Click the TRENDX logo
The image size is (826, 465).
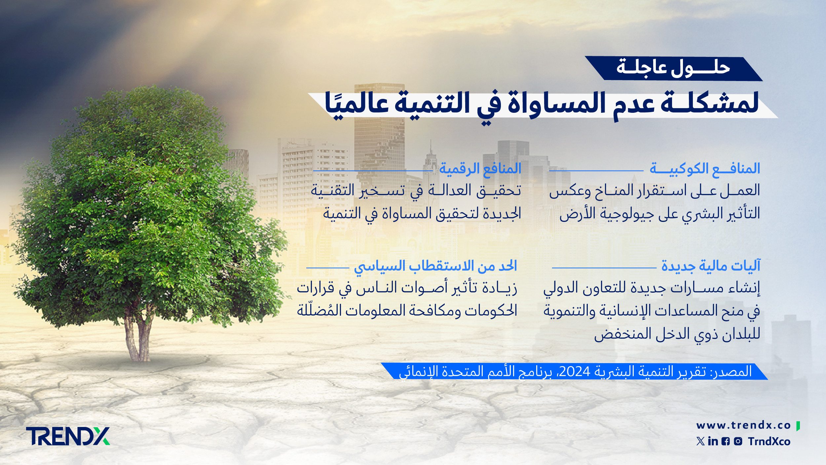(68, 436)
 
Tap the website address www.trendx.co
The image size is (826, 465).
(743, 425)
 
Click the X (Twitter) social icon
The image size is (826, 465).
(700, 441)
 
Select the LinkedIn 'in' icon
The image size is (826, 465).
(713, 441)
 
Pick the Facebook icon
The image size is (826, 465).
(726, 442)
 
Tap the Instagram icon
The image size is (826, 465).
(738, 441)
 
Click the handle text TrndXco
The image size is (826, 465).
(769, 442)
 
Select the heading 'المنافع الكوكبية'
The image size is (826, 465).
(705, 168)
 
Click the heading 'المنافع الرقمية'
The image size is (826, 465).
(480, 168)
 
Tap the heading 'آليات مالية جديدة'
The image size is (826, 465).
(711, 266)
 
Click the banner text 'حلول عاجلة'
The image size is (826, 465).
(673, 68)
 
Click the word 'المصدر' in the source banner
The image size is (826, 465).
(730, 371)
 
